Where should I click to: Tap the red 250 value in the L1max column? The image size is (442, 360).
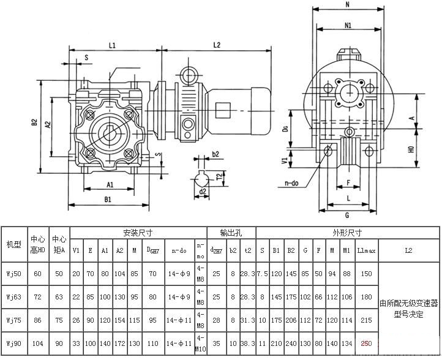pyautogui.click(x=366, y=344)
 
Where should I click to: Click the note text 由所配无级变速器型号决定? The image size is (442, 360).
pyautogui.click(x=408, y=308)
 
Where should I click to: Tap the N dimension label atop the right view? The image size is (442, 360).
pyautogui.click(x=348, y=4)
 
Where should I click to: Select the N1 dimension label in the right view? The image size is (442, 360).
pyautogui.click(x=348, y=26)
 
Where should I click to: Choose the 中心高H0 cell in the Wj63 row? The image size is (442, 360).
pyautogui.click(x=38, y=296)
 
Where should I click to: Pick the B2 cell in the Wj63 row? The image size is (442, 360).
pyautogui.click(x=291, y=296)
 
